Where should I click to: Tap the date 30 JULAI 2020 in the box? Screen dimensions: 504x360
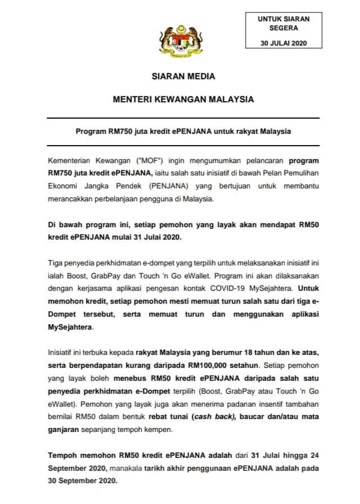(x=283, y=43)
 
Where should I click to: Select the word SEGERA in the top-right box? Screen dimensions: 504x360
(x=283, y=27)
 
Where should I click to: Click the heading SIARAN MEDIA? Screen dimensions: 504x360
(x=183, y=76)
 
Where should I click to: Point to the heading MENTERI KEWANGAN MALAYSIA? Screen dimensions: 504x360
(x=183, y=100)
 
